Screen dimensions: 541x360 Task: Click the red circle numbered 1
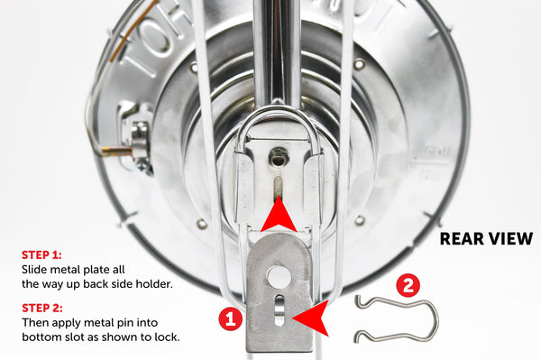[230, 318]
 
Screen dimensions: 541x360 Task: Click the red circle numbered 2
[408, 285]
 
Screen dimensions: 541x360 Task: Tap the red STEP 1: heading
[41, 255]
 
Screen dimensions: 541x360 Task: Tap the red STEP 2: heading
[42, 308]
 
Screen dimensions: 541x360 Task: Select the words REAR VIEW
[487, 239]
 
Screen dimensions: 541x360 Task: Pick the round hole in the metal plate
[279, 276]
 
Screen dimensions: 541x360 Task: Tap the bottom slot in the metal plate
[280, 310]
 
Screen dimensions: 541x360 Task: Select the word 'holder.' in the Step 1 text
[153, 284]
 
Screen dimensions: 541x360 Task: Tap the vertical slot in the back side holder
[278, 188]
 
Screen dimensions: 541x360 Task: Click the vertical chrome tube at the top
[277, 51]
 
